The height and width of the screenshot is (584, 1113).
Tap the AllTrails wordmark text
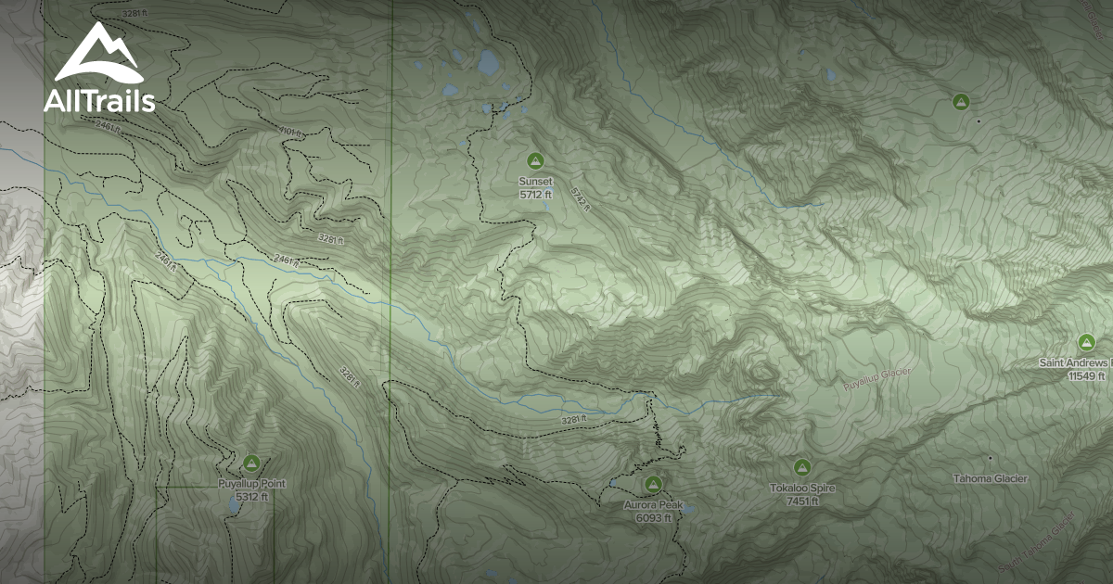coord(99,102)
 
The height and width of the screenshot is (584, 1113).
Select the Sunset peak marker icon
coord(534,160)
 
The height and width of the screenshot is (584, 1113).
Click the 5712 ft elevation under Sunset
coord(535,195)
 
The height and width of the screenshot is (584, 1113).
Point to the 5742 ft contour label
coord(581,197)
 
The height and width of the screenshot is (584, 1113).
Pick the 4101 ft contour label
coord(290,133)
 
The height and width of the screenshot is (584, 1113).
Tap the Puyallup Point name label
coord(251,484)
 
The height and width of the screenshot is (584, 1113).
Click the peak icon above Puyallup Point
coord(251,462)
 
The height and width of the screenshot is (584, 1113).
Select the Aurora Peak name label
coord(653,506)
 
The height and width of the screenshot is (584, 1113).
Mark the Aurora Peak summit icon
coord(653,484)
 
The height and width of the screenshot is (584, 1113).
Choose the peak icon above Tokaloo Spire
coord(802,466)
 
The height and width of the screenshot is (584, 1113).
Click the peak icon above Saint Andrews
coord(1086,342)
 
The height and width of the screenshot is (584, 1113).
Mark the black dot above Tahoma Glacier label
coord(991,458)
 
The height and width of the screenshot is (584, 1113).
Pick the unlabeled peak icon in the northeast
coord(961,101)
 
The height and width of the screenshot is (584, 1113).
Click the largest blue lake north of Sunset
coord(489,62)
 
